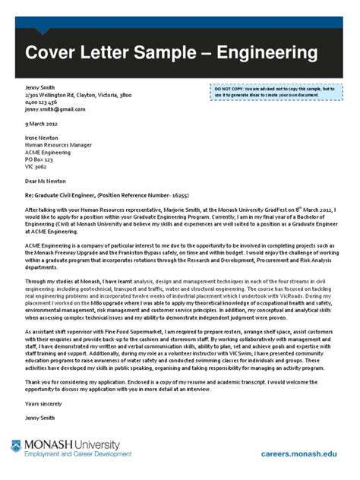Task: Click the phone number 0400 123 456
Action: coord(41,103)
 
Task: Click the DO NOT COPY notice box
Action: coord(276,93)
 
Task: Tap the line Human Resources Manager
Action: coord(60,144)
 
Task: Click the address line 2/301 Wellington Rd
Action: coord(78,96)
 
